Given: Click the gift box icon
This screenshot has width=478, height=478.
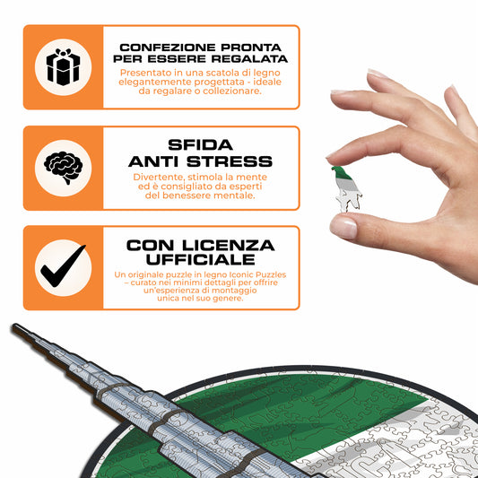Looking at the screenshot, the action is pyautogui.click(x=63, y=67).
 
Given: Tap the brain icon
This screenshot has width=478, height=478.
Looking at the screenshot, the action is pyautogui.click(x=63, y=168).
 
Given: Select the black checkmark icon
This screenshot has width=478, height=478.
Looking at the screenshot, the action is pyautogui.click(x=63, y=266).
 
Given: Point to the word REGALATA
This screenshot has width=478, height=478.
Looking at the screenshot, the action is pyautogui.click(x=249, y=59).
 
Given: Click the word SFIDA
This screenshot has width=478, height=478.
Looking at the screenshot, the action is pyautogui.click(x=200, y=145).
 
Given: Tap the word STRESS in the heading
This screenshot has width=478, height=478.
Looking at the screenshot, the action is pyautogui.click(x=230, y=161).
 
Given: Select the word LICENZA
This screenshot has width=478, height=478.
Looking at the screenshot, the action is pyautogui.click(x=229, y=246).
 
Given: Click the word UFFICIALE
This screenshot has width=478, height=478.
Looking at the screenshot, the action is pyautogui.click(x=200, y=259).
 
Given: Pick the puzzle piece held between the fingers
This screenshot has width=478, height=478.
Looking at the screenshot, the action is pyautogui.click(x=346, y=189).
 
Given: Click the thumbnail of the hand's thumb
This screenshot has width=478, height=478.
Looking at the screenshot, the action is pyautogui.click(x=343, y=228).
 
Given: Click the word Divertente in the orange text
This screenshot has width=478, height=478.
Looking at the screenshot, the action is pyautogui.click(x=159, y=177).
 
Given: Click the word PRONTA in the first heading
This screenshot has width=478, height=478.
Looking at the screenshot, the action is pyautogui.click(x=251, y=48).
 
